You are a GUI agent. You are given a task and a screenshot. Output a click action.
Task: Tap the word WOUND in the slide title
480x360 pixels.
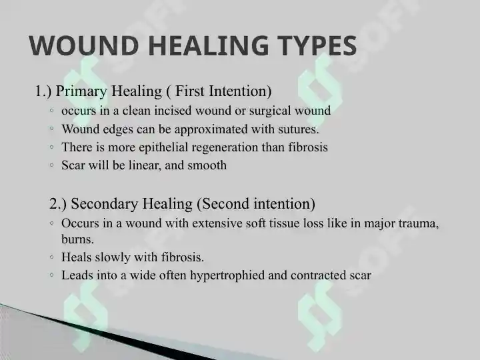coord(83,45)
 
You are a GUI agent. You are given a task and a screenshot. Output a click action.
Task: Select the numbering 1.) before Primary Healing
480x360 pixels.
coord(43,91)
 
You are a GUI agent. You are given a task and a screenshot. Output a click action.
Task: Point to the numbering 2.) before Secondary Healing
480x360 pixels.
coord(58,204)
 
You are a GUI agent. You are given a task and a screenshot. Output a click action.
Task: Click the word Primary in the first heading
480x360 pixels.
coord(81,91)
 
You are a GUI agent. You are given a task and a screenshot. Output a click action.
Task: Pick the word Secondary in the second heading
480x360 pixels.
coord(105,204)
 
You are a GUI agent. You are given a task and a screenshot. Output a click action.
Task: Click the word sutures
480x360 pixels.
coord(299,129)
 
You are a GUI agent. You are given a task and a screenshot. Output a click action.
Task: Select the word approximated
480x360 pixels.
coord(211,130)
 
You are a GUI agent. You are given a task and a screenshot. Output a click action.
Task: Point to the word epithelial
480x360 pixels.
coord(163,147)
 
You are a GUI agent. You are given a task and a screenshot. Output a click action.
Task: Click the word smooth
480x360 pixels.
coord(207,165)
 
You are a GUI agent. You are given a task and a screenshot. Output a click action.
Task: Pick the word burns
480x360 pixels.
coord(77,239)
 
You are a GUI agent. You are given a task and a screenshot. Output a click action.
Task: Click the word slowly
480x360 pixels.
coord(113,257)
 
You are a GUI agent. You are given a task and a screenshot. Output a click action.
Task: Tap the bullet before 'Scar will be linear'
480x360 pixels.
coord(51,165)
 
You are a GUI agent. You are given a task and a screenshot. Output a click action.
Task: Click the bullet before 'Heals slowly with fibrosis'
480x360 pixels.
coord(51,257)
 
